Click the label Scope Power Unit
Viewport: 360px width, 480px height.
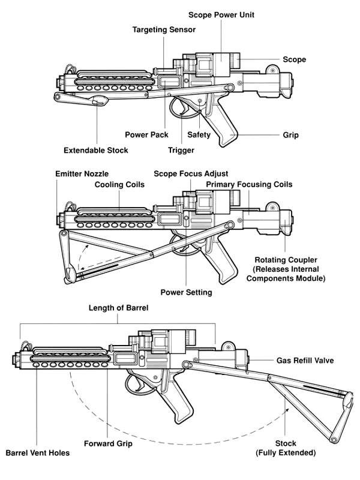coord(217,14)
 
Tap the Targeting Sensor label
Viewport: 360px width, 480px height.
coord(164,29)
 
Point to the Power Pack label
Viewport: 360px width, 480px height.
coord(147,134)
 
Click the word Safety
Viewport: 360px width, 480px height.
coord(199,134)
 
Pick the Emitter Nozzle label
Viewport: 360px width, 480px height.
coord(82,173)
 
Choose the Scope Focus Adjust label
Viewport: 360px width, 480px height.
coord(191,173)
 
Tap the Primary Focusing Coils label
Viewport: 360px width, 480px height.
coord(249,184)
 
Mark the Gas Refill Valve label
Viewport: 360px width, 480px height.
coord(305,361)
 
